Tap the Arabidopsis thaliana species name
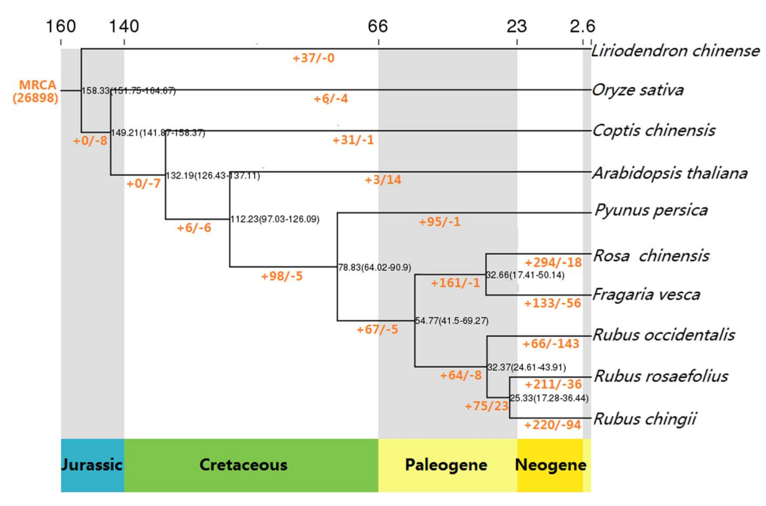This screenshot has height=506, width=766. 670,173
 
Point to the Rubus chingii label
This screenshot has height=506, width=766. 645,419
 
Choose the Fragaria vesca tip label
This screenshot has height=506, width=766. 646,294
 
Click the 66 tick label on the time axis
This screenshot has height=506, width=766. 378,26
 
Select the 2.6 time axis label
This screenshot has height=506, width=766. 582,26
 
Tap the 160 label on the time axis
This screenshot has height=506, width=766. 61,26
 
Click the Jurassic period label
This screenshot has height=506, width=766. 92,465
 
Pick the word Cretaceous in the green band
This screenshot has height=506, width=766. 244,465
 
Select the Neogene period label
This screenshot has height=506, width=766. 550,465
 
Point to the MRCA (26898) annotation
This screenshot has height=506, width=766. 36,91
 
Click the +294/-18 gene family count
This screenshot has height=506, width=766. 553,263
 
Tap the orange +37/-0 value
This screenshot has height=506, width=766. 313,58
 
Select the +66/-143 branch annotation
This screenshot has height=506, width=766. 551,344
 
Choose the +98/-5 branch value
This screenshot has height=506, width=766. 282,276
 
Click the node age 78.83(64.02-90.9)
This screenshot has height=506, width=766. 374,267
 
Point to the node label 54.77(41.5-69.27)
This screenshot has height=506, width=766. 452,321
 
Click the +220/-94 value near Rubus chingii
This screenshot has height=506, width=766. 553,425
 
